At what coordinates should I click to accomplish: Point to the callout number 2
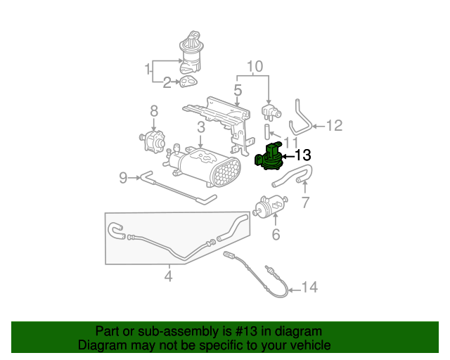[167, 83]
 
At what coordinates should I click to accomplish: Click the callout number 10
[254, 67]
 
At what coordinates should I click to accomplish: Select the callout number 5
[238, 90]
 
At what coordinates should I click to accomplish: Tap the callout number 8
[153, 111]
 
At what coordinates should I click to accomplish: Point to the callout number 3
[200, 127]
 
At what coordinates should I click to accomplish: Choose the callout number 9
[123, 178]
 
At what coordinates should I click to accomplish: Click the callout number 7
[304, 203]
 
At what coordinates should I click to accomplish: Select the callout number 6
[276, 234]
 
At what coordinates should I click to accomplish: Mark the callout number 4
[168, 276]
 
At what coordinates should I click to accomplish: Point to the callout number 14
[309, 287]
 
